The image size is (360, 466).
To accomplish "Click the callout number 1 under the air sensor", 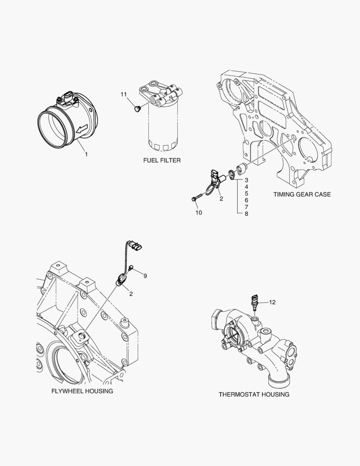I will pos(86,154).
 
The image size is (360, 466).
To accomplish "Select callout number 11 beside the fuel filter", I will pos(124,94).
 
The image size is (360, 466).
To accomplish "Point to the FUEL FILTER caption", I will pos(162,160).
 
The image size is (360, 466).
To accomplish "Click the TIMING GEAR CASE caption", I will pos(302,194).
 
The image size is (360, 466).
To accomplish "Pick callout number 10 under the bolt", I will pos(198,212).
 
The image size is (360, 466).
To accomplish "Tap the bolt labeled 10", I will pos(196,199).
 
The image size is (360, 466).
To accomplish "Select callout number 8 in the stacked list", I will pos(246,213).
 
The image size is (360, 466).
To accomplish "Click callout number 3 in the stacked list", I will pos(246,179).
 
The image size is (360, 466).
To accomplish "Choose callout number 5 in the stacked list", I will pos(246,193).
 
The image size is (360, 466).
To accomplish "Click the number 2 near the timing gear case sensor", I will pos(221,199).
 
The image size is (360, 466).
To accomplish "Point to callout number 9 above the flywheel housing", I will pos(145,275).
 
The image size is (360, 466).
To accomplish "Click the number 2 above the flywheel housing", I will pos(130,293).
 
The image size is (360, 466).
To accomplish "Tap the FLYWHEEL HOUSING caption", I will pos(82,391).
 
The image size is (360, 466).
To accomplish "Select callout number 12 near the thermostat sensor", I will pos(272,302).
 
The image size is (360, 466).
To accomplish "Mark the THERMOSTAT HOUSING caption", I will pos(254,394).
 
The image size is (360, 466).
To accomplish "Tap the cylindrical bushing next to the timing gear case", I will pos(241,167).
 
